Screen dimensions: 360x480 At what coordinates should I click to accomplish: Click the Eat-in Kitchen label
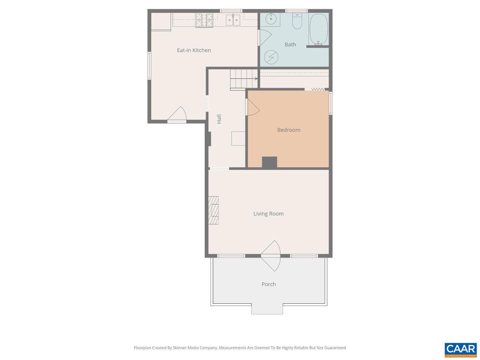194,50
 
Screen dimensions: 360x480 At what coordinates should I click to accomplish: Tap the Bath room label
290,44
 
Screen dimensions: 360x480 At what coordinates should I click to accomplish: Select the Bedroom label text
289,130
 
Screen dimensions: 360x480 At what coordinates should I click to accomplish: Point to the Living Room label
268,214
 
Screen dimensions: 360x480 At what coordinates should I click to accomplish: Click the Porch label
268,284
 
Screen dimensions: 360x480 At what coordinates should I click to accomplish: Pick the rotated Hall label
219,119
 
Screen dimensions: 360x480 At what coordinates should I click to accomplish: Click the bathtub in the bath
318,29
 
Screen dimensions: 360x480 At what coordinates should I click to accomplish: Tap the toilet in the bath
297,21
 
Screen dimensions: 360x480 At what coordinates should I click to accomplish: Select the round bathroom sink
271,19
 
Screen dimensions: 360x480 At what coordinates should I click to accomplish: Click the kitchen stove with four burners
204,20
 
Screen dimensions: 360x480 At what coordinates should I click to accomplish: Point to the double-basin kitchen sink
233,20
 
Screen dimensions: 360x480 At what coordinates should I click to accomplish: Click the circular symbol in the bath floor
271,57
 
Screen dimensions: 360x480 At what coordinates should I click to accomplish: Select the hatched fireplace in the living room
213,210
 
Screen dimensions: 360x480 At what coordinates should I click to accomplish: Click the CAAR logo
461,350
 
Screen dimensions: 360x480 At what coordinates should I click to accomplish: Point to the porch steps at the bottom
267,309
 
